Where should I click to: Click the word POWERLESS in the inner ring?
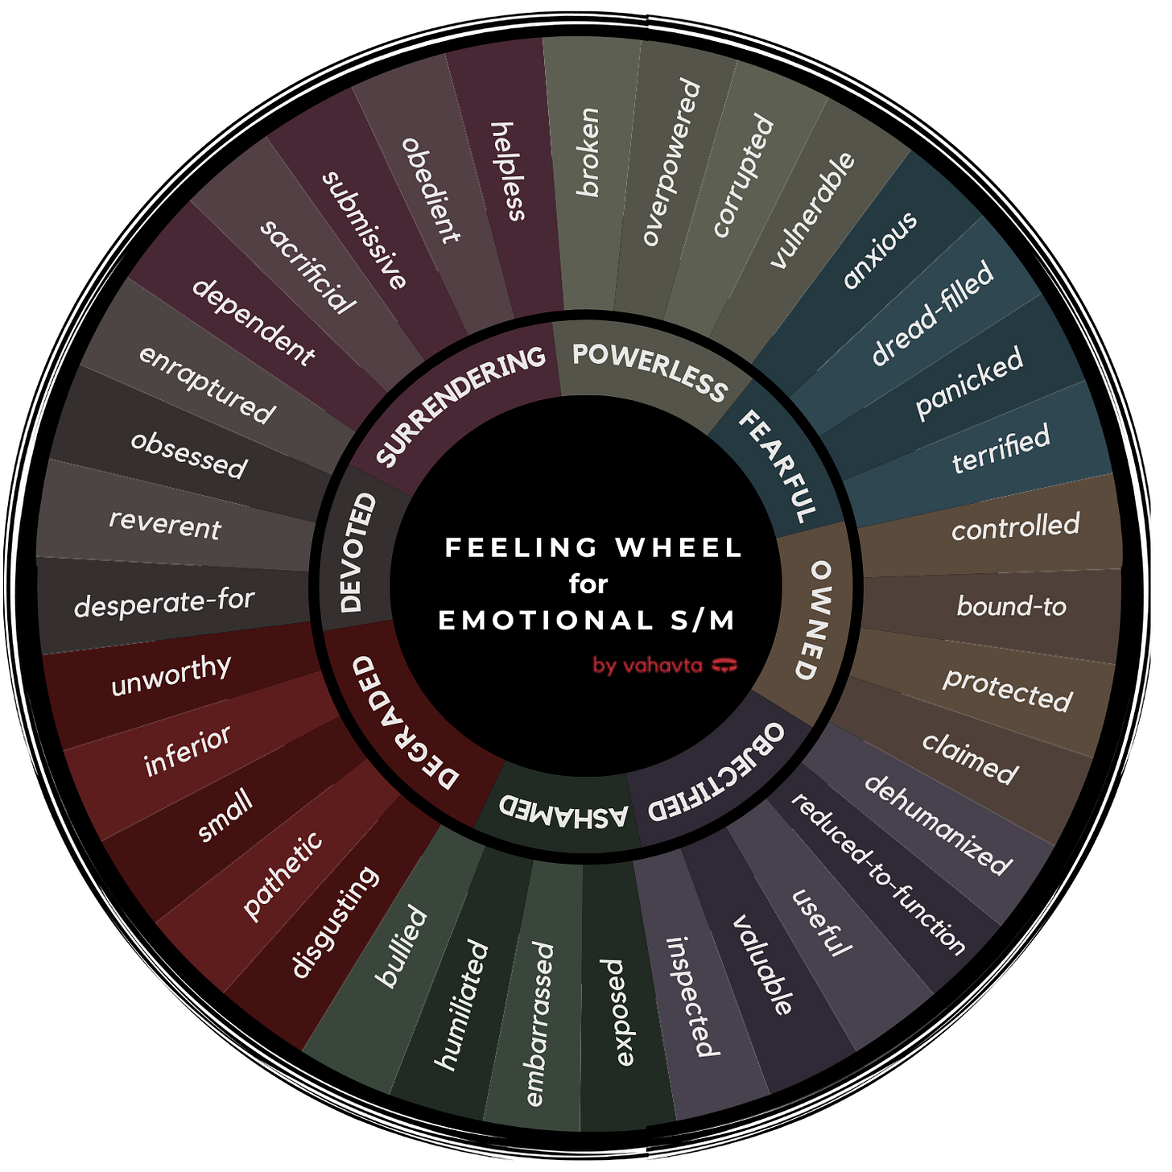(649, 371)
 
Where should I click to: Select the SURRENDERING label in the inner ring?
(460, 405)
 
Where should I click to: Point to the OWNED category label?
(819, 620)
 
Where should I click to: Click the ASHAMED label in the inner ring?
(563, 811)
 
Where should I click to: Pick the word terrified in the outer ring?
(1001, 449)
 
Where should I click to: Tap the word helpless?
(509, 171)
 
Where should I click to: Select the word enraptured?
(207, 384)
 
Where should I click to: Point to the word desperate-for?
(164, 602)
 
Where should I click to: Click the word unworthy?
(171, 674)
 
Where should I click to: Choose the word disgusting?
(334, 922)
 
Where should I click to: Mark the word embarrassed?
(539, 1024)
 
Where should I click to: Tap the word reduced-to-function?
(878, 873)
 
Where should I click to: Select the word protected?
(1008, 690)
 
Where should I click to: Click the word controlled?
(1015, 526)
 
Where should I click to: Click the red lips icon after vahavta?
(725, 665)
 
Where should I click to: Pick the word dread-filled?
(932, 313)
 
